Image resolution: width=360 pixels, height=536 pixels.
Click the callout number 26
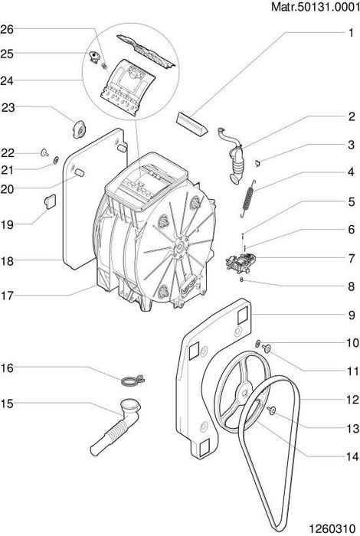pyautogui.click(x=7, y=29)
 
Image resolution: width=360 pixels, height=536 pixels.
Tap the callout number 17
pyautogui.click(x=7, y=296)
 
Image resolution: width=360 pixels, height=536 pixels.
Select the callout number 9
pyautogui.click(x=352, y=315)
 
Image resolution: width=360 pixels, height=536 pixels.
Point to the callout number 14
pyautogui.click(x=352, y=456)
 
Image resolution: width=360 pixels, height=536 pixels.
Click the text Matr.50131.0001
pyautogui.click(x=316, y=6)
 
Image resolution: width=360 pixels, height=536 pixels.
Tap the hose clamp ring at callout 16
pyautogui.click(x=133, y=380)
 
